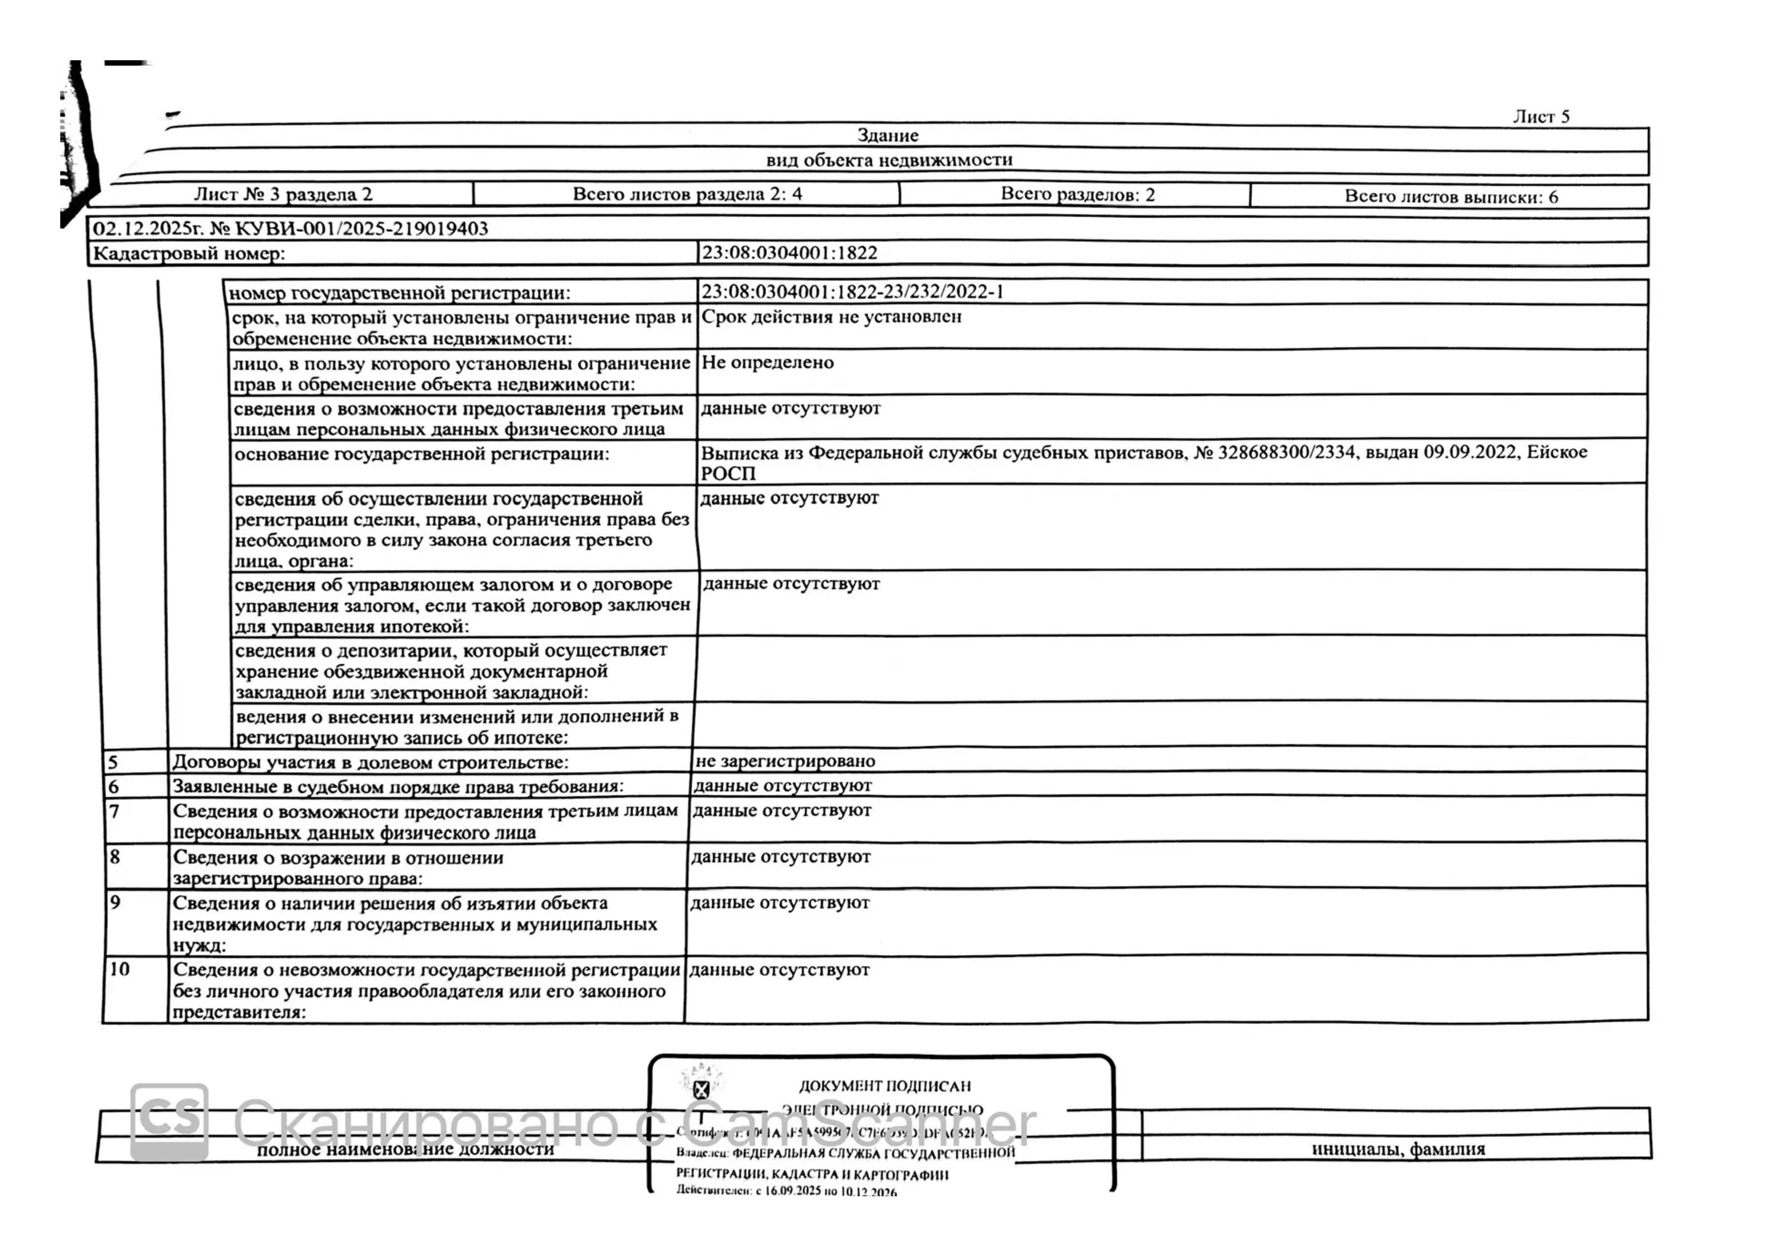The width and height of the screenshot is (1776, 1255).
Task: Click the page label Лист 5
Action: [x=1541, y=117]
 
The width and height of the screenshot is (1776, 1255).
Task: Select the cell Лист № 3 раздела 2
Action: [x=283, y=194]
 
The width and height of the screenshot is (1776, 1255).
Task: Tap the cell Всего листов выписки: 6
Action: [x=1450, y=196]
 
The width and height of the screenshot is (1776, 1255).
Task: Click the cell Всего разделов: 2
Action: [x=1077, y=194]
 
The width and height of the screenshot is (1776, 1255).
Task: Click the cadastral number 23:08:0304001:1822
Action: [x=789, y=253]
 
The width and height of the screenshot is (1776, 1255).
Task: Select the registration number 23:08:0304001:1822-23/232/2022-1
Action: [x=852, y=292]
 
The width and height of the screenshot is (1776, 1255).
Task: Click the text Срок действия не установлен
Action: [x=831, y=316]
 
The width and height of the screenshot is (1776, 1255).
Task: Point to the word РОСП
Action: [x=727, y=473]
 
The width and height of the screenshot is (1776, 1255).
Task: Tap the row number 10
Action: [x=119, y=969]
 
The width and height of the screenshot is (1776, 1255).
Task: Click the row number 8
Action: [x=115, y=857]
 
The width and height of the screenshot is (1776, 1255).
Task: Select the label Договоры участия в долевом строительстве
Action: [x=370, y=762]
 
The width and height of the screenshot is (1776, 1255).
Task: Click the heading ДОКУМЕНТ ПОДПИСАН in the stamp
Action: [x=884, y=1085]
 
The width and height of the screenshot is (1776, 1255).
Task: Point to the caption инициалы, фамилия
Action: [x=1398, y=1149]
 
